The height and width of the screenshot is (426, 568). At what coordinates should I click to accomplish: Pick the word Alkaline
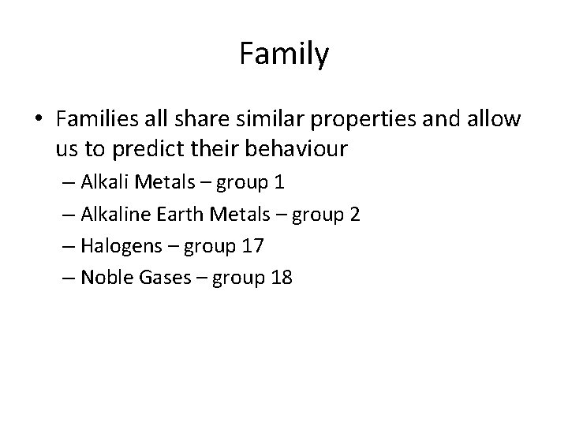[107, 214]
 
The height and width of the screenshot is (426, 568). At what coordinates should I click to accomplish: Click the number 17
[253, 246]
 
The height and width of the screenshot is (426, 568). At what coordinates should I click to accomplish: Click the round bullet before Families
[39, 120]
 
